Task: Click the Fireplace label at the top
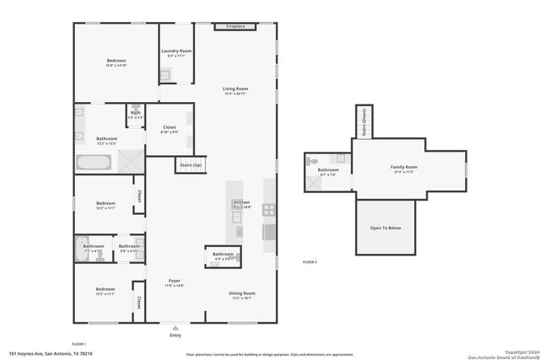coord(234,26)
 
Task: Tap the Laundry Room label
coord(176,51)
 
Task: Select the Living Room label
coord(235,89)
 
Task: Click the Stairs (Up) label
coord(191,165)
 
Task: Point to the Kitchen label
coord(241,203)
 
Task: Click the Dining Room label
coord(242,293)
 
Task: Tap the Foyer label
coord(175,281)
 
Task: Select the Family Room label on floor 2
coord(404,167)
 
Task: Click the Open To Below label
coord(386,228)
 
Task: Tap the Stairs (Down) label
coord(364,121)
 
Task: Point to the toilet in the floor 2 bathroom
coord(312,160)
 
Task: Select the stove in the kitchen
coord(269,210)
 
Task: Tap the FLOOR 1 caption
coord(78,344)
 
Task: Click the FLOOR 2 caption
coord(310,263)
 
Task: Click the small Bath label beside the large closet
coord(135,113)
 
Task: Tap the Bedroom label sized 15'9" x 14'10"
coord(116,62)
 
